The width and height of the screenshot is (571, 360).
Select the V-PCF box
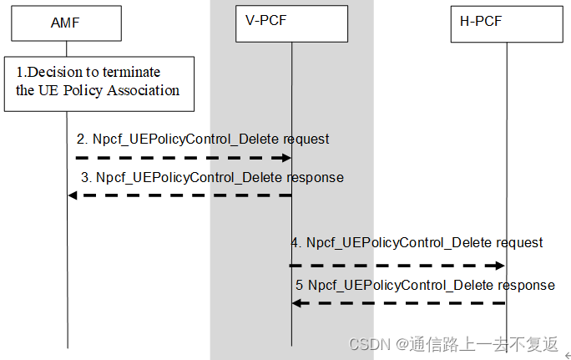pyautogui.click(x=291, y=23)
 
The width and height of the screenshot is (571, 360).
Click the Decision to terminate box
pyautogui.click(x=104, y=84)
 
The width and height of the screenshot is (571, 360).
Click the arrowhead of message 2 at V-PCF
pyautogui.click(x=285, y=157)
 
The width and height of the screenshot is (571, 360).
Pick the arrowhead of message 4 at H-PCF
pyautogui.click(x=500, y=265)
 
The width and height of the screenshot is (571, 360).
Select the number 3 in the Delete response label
pyautogui.click(x=85, y=177)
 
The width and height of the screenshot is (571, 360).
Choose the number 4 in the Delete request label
pyautogui.click(x=296, y=243)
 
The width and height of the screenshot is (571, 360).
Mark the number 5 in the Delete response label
pyautogui.click(x=300, y=285)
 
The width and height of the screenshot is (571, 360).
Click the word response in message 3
pyautogui.click(x=316, y=177)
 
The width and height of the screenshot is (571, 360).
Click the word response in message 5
pyautogui.click(x=527, y=285)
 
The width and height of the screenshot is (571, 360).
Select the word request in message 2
pyautogui.click(x=306, y=139)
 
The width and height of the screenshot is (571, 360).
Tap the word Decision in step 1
pyautogui.click(x=52, y=72)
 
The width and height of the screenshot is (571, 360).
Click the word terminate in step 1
pyautogui.click(x=131, y=72)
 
